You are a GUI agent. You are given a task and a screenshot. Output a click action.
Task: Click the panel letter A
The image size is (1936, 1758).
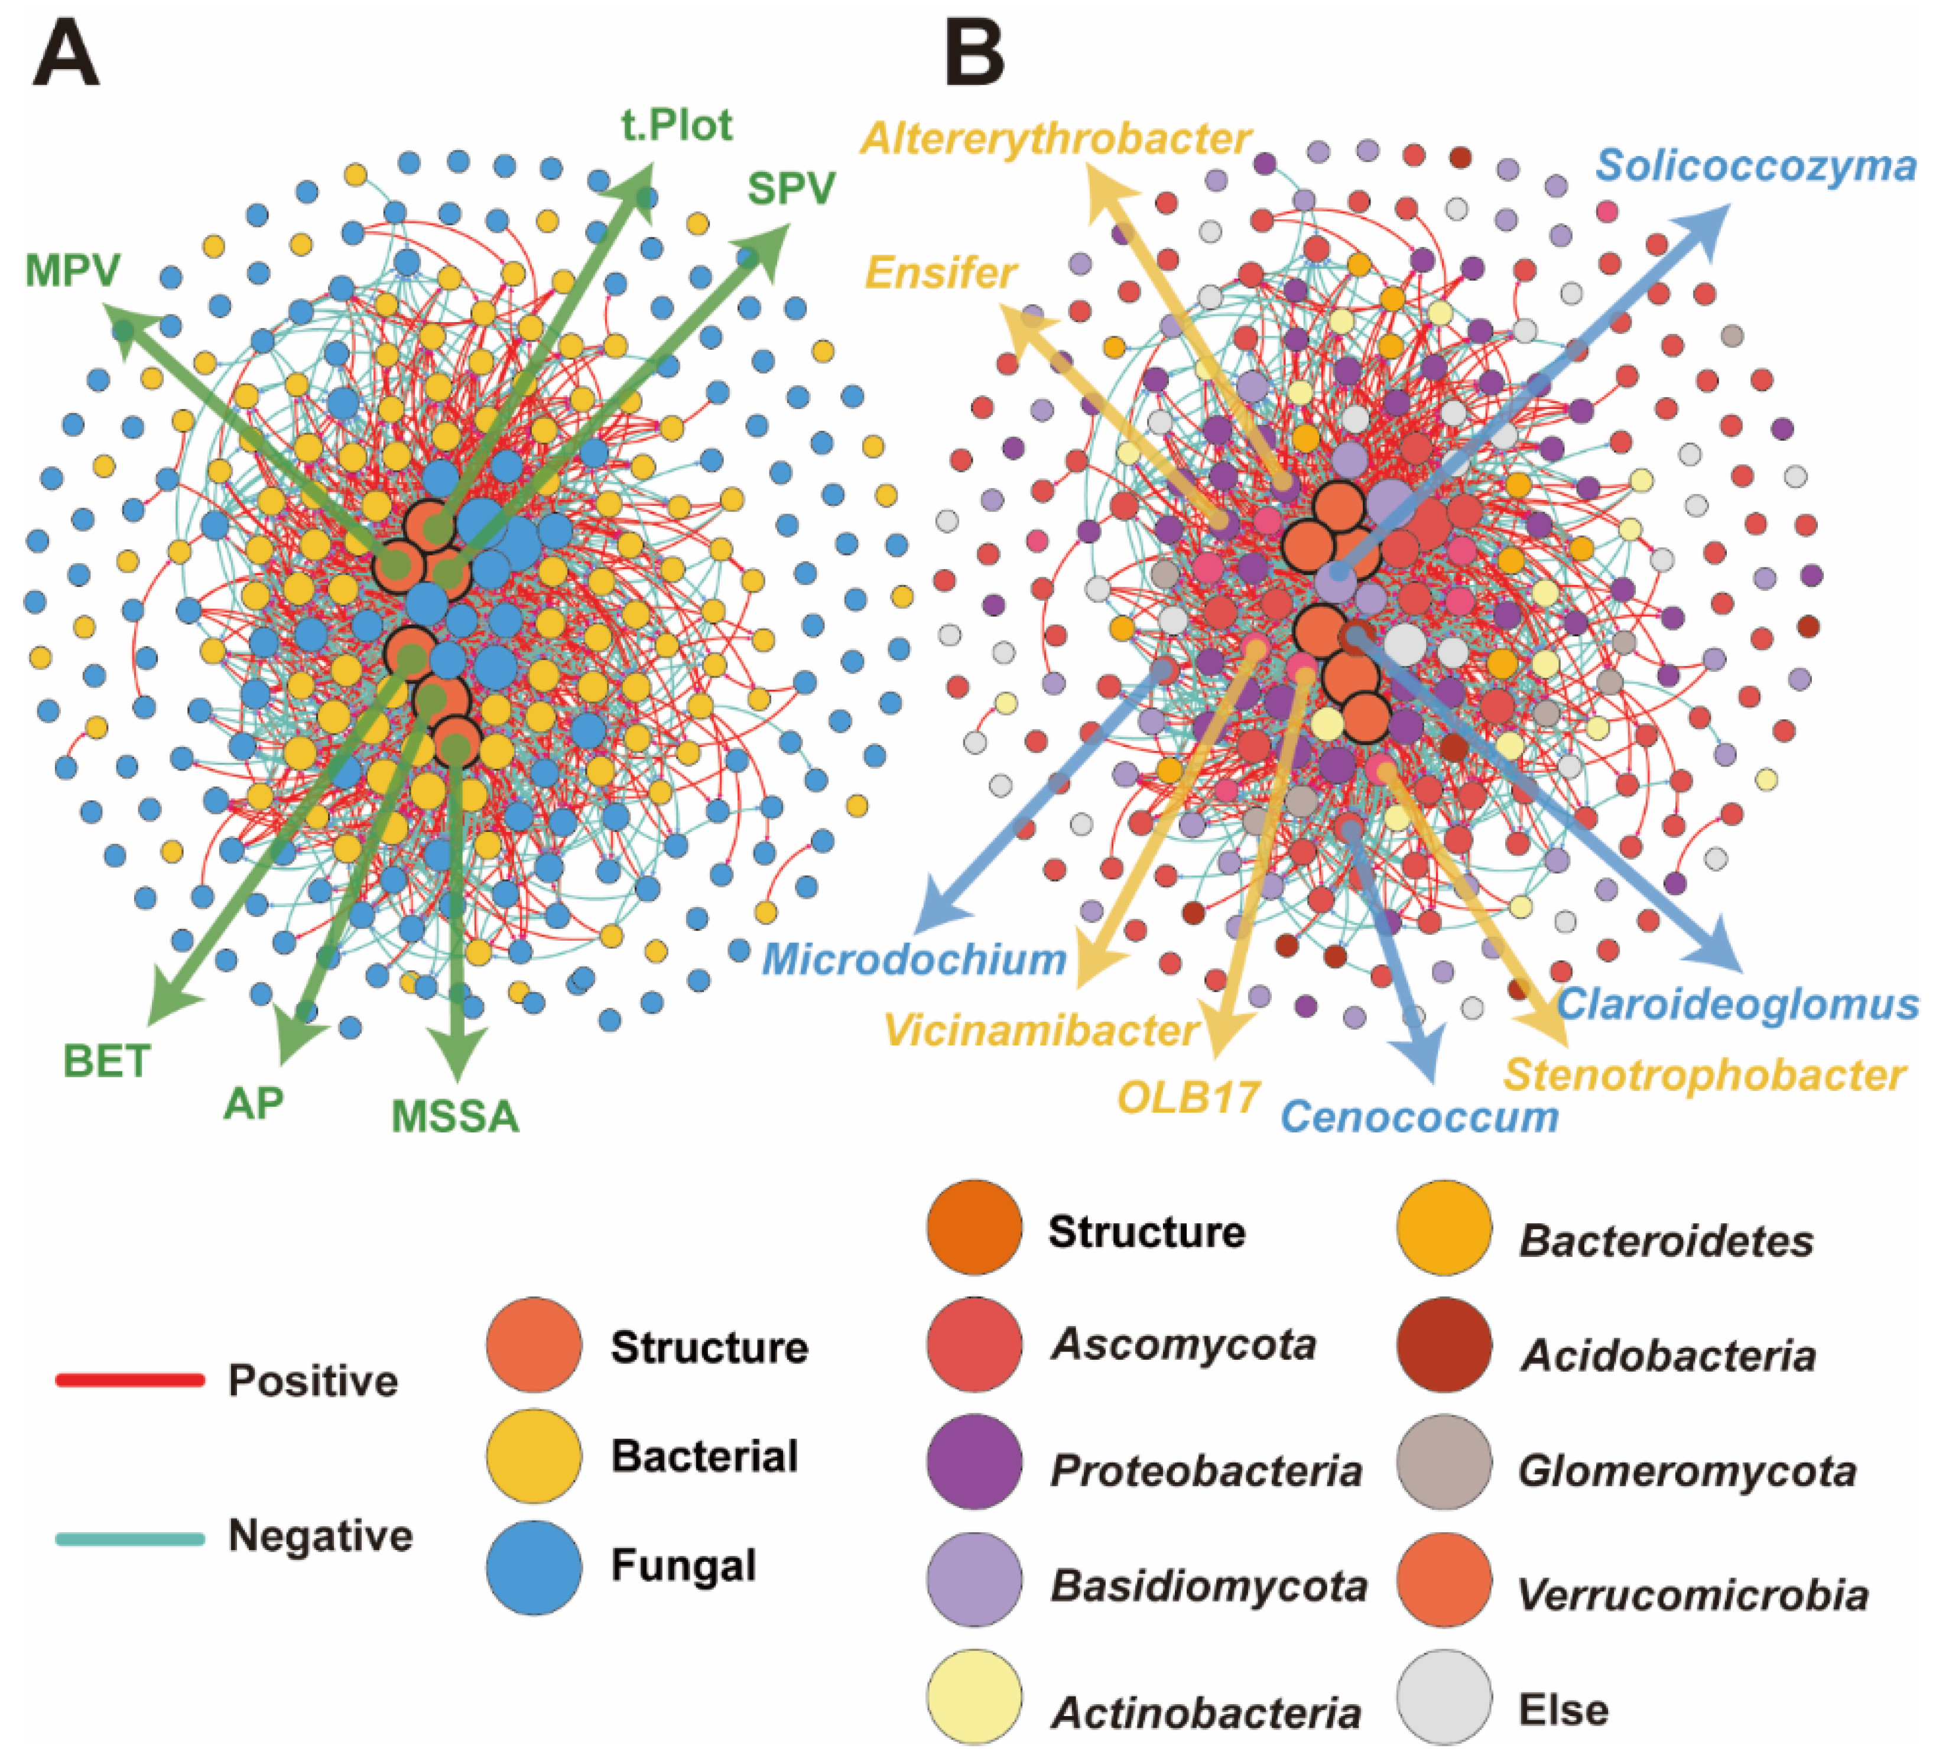pos(65,56)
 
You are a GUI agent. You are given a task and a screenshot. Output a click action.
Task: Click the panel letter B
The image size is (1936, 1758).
pos(975,56)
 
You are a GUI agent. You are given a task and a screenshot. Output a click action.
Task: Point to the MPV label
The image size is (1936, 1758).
pos(73,272)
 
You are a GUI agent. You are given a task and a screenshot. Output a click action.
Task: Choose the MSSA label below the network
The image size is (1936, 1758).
pos(455,1117)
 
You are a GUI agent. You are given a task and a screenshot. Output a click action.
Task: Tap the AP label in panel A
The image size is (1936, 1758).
pos(254,1104)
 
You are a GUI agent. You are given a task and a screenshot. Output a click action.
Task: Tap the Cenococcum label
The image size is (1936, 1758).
pos(1419,1117)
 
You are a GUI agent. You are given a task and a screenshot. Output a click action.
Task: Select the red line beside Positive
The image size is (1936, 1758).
pos(129,1380)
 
